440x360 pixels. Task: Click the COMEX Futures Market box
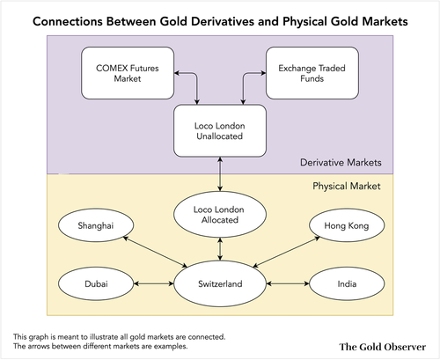click(128, 73)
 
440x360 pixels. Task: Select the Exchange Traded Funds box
click(312, 73)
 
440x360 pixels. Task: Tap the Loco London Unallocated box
click(220, 131)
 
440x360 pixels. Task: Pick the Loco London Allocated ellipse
click(220, 215)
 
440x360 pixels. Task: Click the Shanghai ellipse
click(96, 225)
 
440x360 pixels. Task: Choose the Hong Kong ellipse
click(347, 225)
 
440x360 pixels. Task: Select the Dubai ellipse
click(96, 283)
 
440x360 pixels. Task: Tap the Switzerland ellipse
click(220, 283)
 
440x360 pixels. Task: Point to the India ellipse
click(347, 283)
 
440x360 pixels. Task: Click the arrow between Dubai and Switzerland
click(154, 283)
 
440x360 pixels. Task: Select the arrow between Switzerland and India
click(288, 283)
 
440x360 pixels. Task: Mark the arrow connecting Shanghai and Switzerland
click(155, 252)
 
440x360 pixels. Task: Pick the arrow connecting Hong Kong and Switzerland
click(286, 252)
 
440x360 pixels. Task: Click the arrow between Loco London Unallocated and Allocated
click(220, 174)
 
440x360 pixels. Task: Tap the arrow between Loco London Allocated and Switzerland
click(220, 249)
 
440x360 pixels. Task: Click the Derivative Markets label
click(341, 163)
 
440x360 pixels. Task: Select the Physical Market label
click(347, 186)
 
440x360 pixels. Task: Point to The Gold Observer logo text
click(383, 347)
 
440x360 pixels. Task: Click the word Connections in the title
click(68, 21)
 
